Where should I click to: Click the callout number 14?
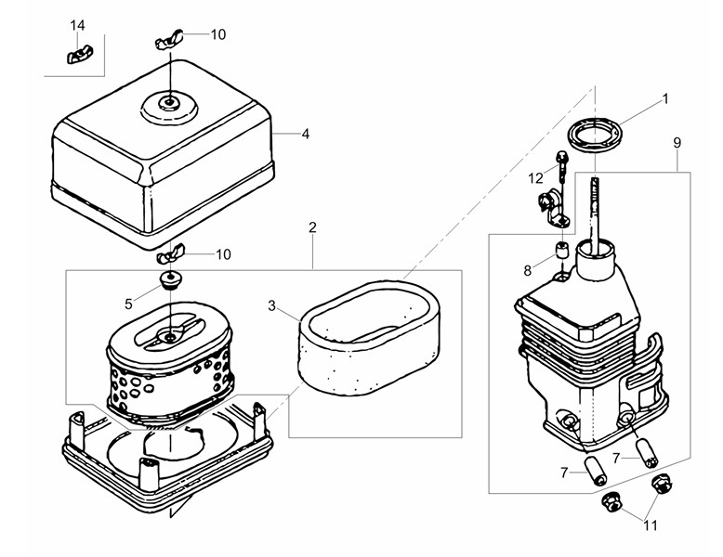pyautogui.click(x=77, y=25)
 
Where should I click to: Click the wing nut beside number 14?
pyautogui.click(x=77, y=56)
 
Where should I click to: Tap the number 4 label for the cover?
pyautogui.click(x=305, y=134)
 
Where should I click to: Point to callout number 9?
pyautogui.click(x=677, y=143)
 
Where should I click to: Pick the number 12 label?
pyautogui.click(x=536, y=178)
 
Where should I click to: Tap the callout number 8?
pyautogui.click(x=528, y=270)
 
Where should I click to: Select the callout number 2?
pyautogui.click(x=312, y=227)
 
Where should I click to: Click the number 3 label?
pyautogui.click(x=271, y=305)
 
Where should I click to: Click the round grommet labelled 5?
pyautogui.click(x=171, y=280)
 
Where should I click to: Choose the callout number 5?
pyautogui.click(x=128, y=304)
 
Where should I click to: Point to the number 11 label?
pyautogui.click(x=651, y=525)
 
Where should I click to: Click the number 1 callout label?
pyautogui.click(x=664, y=98)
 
